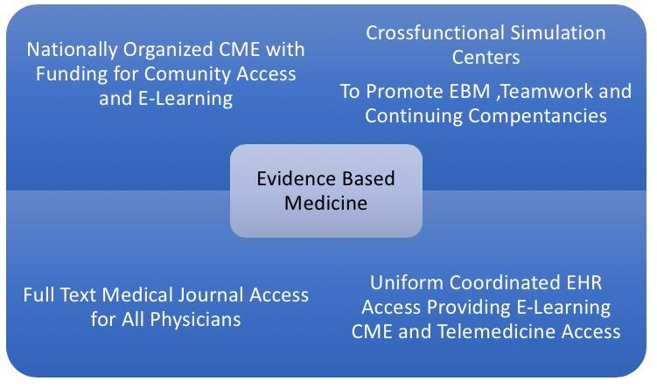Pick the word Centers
pyautogui.click(x=486, y=58)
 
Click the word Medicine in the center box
pyautogui.click(x=325, y=203)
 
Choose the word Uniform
pyautogui.click(x=406, y=283)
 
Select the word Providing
pyautogui.click(x=466, y=308)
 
